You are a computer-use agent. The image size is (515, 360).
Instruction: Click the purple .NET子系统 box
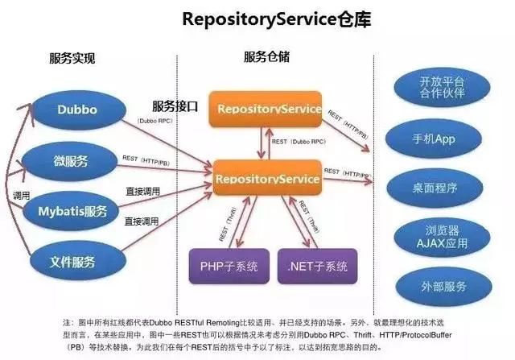pos(317,265)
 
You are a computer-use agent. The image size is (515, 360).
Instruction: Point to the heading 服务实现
pos(72,58)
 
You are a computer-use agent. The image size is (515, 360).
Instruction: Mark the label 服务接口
pos(175,106)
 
